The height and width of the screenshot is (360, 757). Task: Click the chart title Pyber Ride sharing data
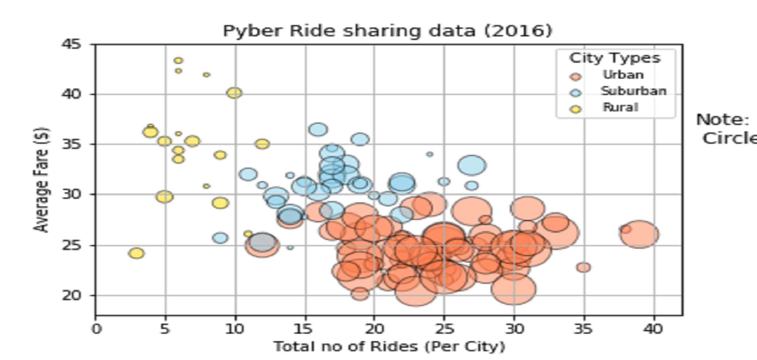pos(387,31)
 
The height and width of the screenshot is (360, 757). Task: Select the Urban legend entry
pos(623,75)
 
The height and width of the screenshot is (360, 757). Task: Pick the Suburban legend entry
pos(633,91)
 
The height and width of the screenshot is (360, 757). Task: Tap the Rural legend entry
pos(620,108)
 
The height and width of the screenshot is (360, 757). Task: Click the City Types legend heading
pos(615,58)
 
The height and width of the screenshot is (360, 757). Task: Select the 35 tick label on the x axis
pos(583,329)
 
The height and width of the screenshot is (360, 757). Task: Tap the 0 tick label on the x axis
pos(96,329)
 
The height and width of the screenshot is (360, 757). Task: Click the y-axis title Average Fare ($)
pos(42,180)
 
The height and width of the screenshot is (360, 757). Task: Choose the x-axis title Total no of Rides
pos(389,346)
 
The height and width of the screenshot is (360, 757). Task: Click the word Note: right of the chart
pos(723,120)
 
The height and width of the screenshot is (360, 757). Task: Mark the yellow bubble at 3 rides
pos(137,253)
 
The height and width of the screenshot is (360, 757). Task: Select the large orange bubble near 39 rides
pos(640,234)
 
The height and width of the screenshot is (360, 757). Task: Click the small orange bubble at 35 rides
pos(583,267)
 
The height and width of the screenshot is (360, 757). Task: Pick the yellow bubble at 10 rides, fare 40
pos(234,93)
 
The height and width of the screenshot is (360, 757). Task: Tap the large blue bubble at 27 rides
pos(472,165)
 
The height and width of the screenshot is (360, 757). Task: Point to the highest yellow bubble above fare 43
pos(178,61)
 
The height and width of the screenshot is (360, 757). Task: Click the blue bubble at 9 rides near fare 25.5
pos(220,238)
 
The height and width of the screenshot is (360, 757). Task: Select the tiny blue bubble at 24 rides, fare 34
pos(430,154)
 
